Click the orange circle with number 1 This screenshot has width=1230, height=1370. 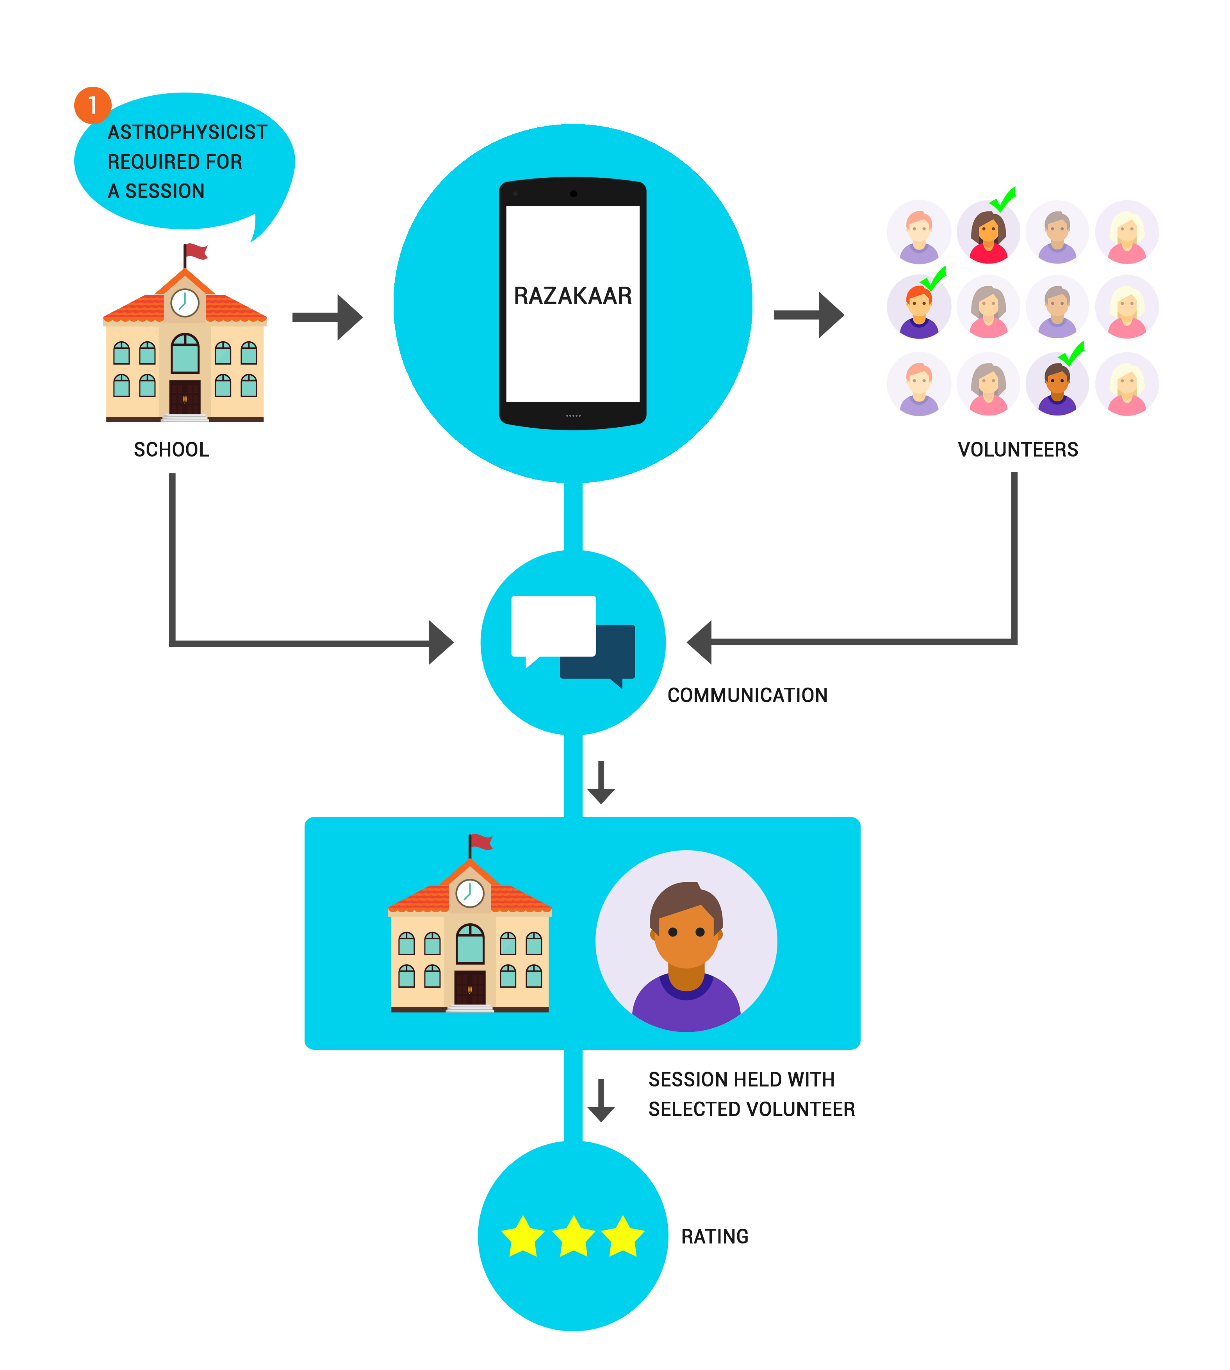pos(93,105)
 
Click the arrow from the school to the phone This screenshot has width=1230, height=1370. pos(328,317)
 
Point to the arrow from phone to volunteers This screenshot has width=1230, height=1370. pos(809,314)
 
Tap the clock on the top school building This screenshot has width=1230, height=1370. pos(184,303)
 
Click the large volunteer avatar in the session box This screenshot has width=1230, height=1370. pos(686,941)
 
